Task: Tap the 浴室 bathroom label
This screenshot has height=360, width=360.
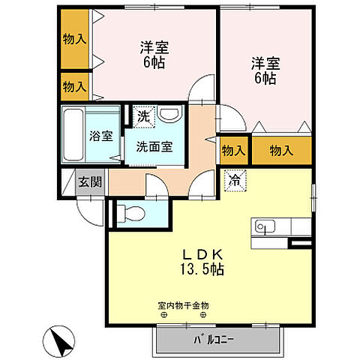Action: click(101, 136)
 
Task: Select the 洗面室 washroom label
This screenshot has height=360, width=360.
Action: click(154, 146)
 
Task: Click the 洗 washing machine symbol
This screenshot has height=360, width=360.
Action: click(143, 116)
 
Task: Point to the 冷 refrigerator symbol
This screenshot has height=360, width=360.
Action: click(233, 180)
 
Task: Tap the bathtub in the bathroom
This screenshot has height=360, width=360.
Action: click(73, 135)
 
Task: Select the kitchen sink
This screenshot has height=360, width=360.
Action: click(265, 225)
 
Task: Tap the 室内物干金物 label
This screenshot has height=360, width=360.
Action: click(184, 305)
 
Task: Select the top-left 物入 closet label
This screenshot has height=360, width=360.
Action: click(74, 37)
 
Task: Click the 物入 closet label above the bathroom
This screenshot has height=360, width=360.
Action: click(74, 87)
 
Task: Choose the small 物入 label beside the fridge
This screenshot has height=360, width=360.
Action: click(234, 151)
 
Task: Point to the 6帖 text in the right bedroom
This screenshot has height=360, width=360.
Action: click(265, 78)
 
